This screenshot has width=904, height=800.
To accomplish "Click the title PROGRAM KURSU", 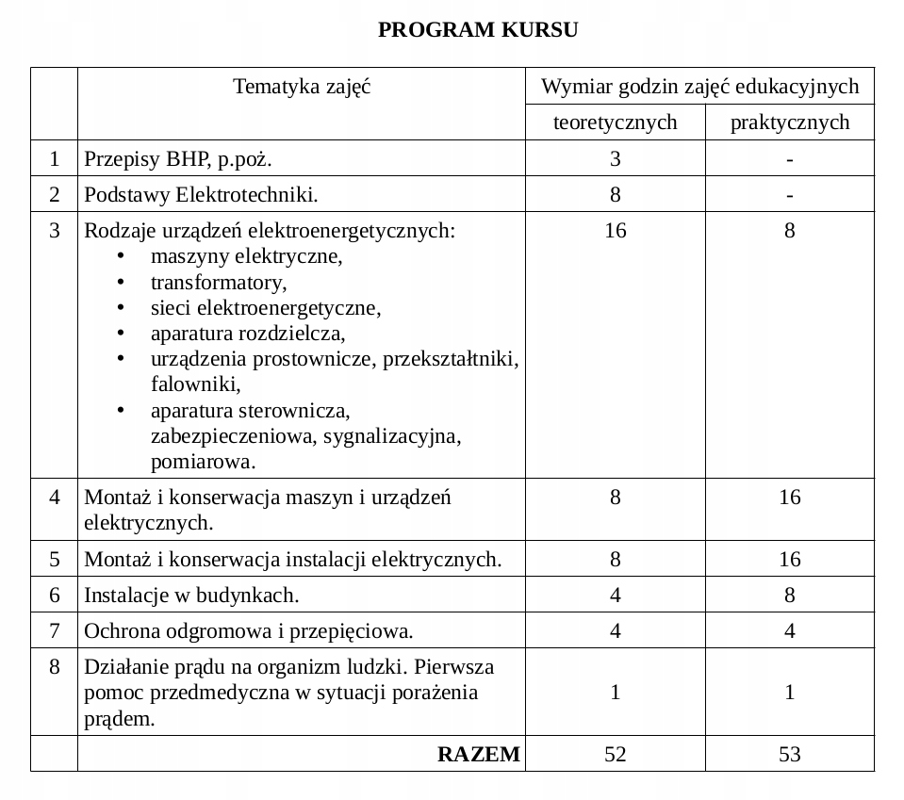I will tap(478, 30).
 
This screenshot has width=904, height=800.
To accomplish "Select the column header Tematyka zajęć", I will tap(302, 88).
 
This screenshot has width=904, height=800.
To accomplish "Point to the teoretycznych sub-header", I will tap(615, 122).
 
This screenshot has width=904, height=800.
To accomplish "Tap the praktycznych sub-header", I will tap(789, 122).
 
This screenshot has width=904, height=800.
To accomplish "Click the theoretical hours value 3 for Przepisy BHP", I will tap(615, 159).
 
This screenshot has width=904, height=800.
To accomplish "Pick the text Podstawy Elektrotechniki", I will tap(201, 195).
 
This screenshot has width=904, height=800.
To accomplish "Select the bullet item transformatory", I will tap(219, 282).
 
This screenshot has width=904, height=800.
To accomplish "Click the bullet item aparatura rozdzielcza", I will tap(248, 334).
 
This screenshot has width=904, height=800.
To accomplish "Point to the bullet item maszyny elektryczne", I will tap(246, 256).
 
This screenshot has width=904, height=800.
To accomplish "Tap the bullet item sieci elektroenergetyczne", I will tap(265, 308).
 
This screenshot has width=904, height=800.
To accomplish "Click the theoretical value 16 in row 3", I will tap(615, 231).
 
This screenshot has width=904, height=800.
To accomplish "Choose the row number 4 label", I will tap(55, 498).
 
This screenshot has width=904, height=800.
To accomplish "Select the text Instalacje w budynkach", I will tap(191, 596).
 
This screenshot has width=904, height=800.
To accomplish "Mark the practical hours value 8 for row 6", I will tap(789, 596).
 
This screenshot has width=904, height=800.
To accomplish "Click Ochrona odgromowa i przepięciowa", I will tap(249, 631).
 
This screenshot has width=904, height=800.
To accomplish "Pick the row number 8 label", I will tap(55, 667).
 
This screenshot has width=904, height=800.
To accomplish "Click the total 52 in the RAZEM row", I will tap(615, 754).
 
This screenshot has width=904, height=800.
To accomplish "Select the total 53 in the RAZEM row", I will tap(789, 754).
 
